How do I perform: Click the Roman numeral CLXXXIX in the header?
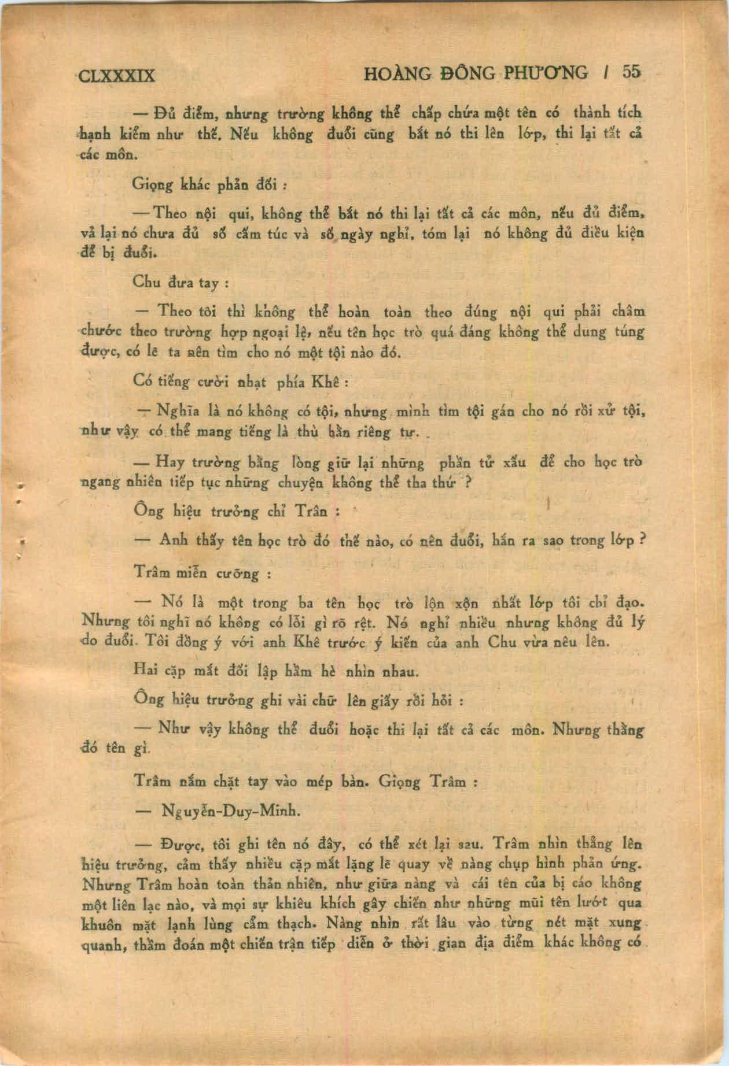pos(116,75)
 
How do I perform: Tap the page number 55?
pos(631,72)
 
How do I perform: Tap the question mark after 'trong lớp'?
pos(642,539)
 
